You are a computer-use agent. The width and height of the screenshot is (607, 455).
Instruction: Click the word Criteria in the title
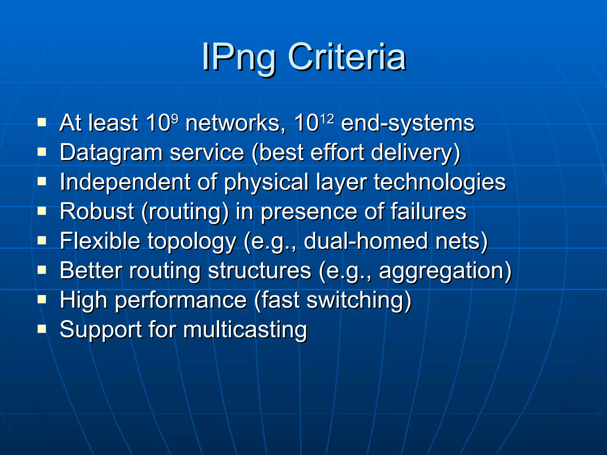[347, 57]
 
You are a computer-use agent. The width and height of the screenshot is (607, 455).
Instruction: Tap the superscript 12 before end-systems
[327, 118]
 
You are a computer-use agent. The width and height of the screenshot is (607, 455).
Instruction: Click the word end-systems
[408, 123]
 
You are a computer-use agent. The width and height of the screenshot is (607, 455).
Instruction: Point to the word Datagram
[111, 153]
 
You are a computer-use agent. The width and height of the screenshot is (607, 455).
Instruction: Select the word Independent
[125, 182]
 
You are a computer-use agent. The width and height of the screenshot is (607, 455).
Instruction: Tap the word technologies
[440, 182]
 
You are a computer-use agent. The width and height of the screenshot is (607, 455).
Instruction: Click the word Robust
[97, 212]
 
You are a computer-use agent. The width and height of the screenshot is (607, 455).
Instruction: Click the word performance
[181, 300]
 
